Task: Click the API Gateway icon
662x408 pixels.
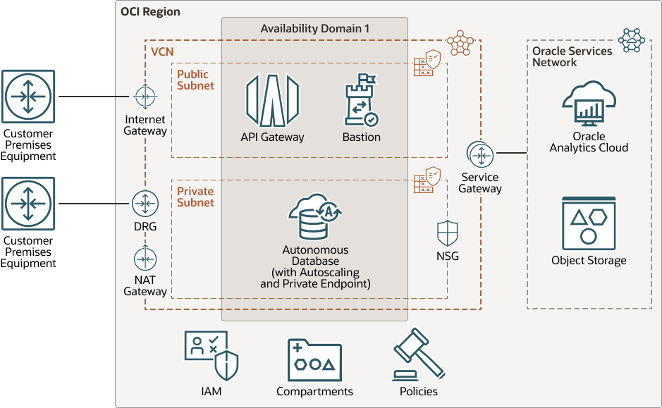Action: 272,101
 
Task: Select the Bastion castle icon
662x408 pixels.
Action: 361,101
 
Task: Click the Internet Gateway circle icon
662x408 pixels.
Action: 145,96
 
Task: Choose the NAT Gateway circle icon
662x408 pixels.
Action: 145,259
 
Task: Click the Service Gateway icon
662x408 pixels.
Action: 480,154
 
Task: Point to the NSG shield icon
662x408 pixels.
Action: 448,233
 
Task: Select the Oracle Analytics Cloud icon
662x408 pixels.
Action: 589,104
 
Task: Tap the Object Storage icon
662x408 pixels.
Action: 589,224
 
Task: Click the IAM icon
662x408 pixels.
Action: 211,355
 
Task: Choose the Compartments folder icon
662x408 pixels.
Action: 314,359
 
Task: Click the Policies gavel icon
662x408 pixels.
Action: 418,355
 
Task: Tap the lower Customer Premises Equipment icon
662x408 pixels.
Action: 28,204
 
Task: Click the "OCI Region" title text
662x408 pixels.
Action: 151,12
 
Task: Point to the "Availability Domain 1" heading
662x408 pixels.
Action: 314,29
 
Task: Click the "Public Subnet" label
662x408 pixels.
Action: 195,80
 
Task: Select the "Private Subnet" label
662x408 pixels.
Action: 195,197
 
